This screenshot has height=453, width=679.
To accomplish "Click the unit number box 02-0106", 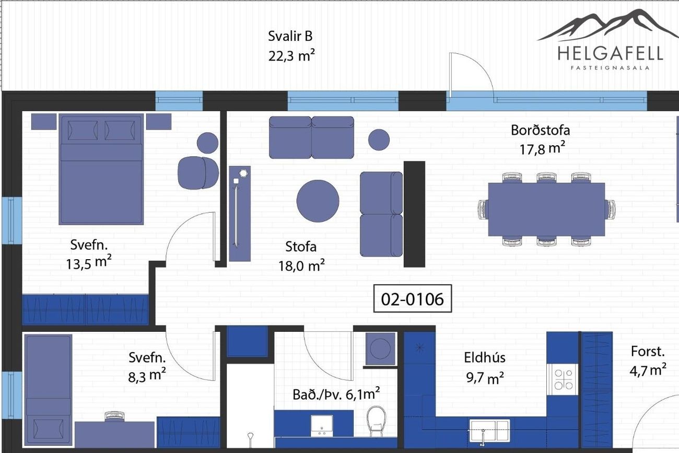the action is tap(413, 298).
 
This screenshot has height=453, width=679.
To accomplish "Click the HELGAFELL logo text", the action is tap(610, 54).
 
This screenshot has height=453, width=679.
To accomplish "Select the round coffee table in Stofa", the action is tap(318, 201).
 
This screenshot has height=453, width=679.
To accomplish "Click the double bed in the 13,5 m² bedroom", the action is tap(101, 169).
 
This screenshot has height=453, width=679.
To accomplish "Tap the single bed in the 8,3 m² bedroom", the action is tap(48, 390).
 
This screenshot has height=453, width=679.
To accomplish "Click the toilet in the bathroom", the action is tap(376, 421).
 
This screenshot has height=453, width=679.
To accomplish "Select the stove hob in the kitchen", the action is tap(563, 379).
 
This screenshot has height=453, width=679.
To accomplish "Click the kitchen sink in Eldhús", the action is tap(489, 429).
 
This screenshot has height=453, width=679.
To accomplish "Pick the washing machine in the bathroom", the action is tap(380, 349).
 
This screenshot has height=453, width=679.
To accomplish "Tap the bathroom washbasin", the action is tap(322, 426).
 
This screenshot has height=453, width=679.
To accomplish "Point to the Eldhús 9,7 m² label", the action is tap(485, 367).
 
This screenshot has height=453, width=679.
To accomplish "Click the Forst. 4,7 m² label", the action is tap(648, 361).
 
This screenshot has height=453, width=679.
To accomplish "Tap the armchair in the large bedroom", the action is tap(198, 173).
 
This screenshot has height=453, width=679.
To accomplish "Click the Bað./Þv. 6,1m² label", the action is tap(336, 394).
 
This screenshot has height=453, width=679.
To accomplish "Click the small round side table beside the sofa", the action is tap(379, 140).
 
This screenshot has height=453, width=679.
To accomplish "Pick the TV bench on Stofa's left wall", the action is tap(240, 214).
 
